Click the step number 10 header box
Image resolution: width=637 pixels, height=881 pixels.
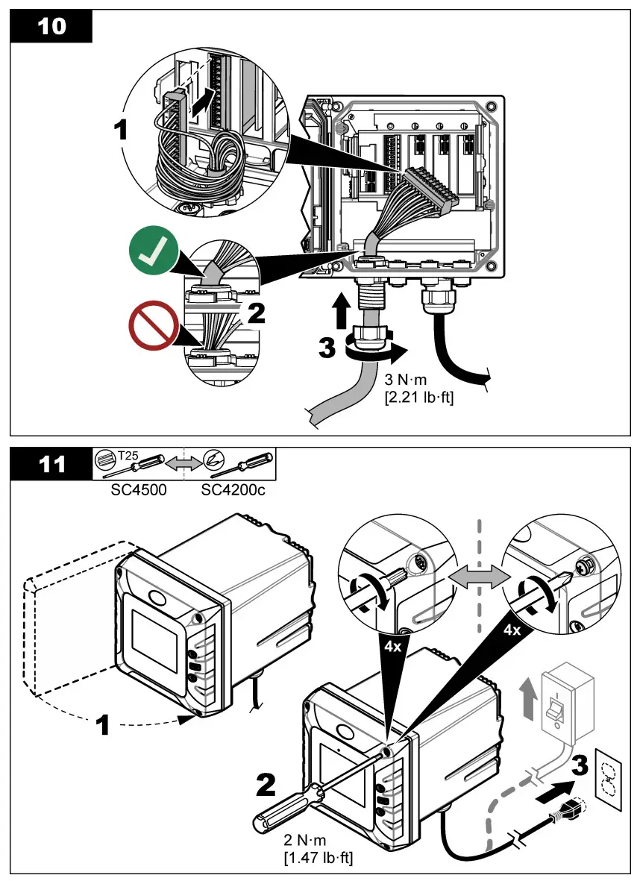pyautogui.click(x=51, y=27)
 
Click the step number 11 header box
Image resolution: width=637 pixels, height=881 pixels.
pyautogui.click(x=51, y=465)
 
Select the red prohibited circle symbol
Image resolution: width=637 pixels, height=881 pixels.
pyautogui.click(x=152, y=329)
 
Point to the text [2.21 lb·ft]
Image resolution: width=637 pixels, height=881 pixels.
pyautogui.click(x=418, y=398)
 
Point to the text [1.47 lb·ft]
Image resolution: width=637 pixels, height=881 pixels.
pyautogui.click(x=318, y=858)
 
